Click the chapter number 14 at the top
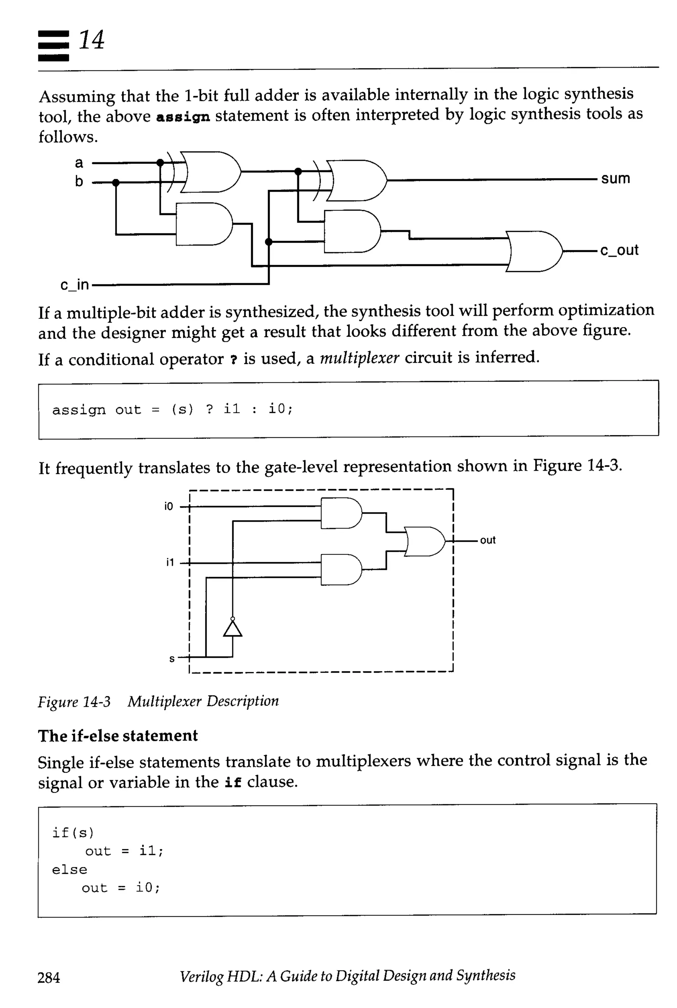tap(91, 40)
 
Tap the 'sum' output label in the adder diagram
tap(615, 178)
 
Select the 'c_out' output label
tap(619, 250)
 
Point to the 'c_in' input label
tap(75, 285)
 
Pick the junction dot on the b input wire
tap(116, 183)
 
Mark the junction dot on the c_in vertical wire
tap(268, 242)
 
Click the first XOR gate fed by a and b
tap(209, 172)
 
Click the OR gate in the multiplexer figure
tap(425, 541)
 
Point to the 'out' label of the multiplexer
tap(488, 540)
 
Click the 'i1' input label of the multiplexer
tap(170, 562)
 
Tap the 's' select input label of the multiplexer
tap(172, 659)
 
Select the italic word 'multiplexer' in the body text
tap(359, 358)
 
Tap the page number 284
tap(49, 977)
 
